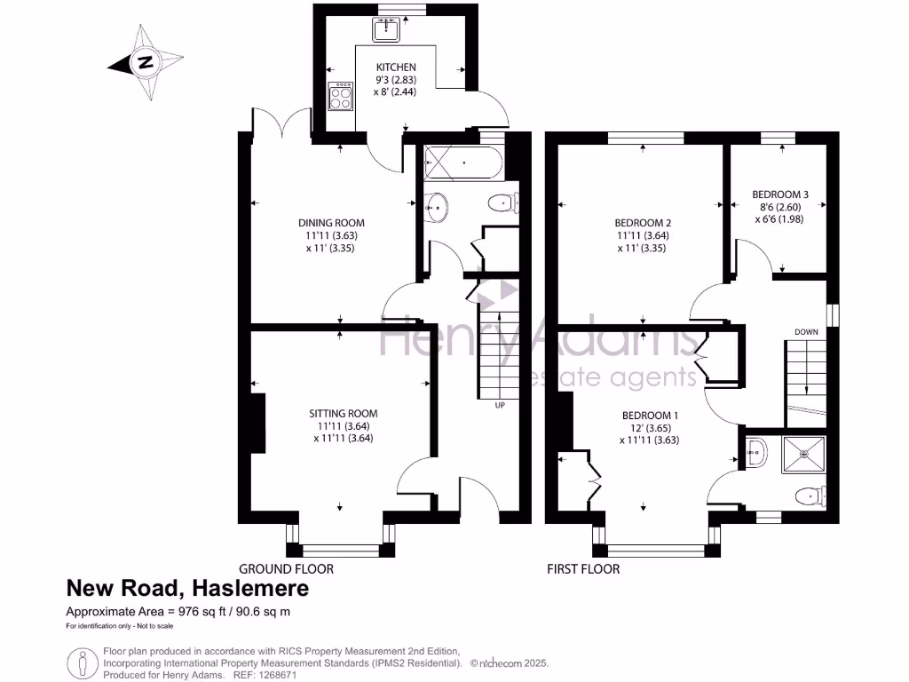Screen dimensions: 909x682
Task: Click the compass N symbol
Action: click(146, 62)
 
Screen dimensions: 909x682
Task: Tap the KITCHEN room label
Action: click(396, 67)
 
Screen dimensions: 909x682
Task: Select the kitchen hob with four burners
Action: click(340, 96)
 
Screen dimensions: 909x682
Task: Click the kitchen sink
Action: click(386, 29)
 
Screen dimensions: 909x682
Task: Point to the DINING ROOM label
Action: click(332, 223)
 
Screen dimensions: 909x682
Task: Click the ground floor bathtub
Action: click(463, 163)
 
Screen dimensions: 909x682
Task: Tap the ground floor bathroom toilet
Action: click(503, 203)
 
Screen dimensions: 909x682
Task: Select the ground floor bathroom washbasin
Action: click(436, 207)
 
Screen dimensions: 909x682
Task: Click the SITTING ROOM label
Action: click(344, 414)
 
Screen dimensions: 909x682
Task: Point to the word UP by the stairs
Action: click(500, 405)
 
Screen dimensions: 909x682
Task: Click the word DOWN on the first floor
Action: click(806, 332)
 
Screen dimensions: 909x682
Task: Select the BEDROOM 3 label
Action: click(780, 194)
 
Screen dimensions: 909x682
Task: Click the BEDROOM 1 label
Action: click(650, 416)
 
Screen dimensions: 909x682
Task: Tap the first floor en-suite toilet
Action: click(810, 496)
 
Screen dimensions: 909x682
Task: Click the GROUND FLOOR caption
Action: click(287, 569)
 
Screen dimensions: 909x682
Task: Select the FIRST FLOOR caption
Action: click(583, 569)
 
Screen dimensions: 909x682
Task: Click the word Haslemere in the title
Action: click(249, 588)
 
